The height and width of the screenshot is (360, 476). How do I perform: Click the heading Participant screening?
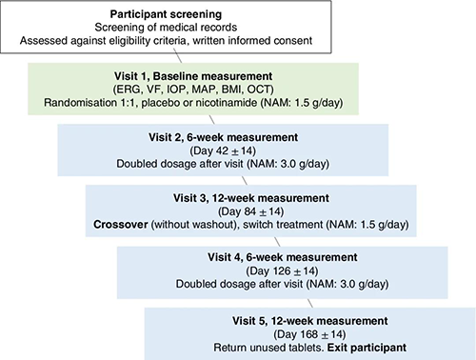click(x=166, y=14)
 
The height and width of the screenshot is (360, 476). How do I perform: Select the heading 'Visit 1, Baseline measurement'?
click(x=193, y=76)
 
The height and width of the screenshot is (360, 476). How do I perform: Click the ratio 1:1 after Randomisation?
click(x=129, y=103)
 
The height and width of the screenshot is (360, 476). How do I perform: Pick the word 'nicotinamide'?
click(x=227, y=103)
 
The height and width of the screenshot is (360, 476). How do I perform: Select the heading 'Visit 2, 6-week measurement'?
click(x=223, y=137)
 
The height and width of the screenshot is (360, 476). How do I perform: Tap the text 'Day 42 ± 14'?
click(x=223, y=150)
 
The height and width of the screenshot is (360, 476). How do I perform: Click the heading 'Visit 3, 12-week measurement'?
click(x=251, y=198)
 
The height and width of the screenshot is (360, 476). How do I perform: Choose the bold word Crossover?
click(x=121, y=225)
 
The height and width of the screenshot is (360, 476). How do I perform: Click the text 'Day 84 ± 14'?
click(x=250, y=211)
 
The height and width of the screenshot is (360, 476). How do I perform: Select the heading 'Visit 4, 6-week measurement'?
click(x=283, y=257)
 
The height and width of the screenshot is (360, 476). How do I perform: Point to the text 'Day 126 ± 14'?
click(x=282, y=270)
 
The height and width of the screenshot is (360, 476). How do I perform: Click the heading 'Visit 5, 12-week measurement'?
click(x=309, y=321)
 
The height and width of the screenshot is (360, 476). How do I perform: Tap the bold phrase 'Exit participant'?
click(x=367, y=348)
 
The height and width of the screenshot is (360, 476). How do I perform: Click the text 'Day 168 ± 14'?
click(x=309, y=334)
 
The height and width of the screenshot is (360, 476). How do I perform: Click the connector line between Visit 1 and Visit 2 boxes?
click(x=211, y=119)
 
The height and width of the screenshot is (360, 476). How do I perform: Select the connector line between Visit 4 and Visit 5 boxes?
click(x=310, y=303)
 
